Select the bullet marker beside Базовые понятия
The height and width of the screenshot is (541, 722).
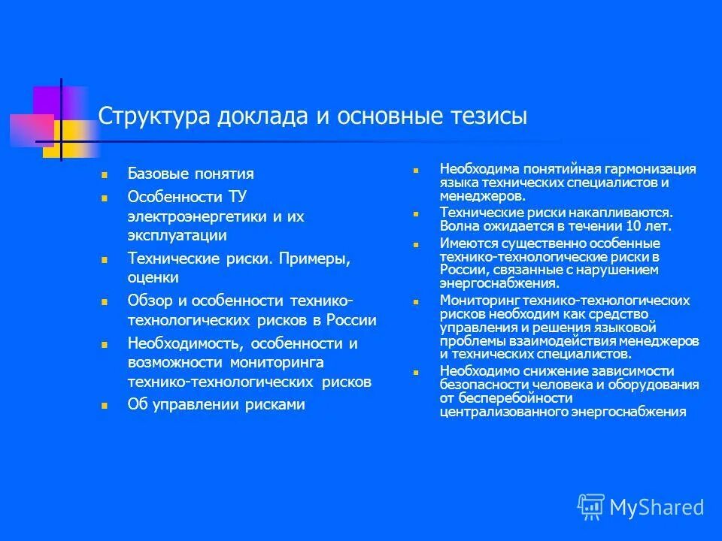coord(105,174)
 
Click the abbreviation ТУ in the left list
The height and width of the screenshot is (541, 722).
coord(237,197)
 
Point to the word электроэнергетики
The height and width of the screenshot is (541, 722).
coord(198,216)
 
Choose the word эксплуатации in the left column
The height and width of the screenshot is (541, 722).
coord(177,235)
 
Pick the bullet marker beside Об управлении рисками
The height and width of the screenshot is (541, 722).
coord(105,405)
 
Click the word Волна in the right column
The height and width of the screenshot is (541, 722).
coord(459,225)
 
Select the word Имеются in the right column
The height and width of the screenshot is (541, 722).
coord(466,243)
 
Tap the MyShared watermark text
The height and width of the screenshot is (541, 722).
coord(657,507)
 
